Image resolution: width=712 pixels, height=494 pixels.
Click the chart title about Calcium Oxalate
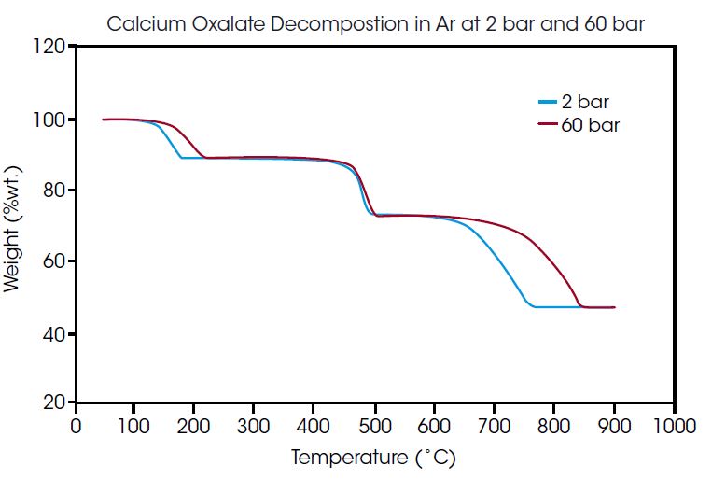(375, 22)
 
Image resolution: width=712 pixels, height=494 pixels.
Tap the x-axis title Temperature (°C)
(373, 459)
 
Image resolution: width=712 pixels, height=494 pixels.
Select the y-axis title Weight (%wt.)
(12, 229)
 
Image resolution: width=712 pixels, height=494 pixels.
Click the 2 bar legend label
(586, 102)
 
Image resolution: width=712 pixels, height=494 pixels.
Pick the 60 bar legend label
(590, 124)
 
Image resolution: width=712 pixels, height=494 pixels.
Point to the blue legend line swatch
(548, 102)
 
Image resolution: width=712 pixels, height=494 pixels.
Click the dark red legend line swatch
(548, 124)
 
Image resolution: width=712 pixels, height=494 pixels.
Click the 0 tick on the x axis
(75, 427)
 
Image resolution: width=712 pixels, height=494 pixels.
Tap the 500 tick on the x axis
(374, 427)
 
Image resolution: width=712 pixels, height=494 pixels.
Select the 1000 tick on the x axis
(673, 427)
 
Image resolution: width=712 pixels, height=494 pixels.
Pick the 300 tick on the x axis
(254, 427)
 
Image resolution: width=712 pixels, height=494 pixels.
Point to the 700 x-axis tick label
(494, 427)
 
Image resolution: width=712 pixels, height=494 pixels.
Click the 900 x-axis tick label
(613, 427)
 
